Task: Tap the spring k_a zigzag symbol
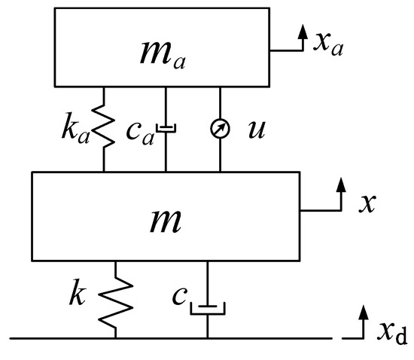tap(105, 128)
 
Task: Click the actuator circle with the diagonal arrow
tap(221, 129)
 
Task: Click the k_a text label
tap(79, 129)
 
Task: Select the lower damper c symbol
tap(207, 307)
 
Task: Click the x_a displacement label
tap(330, 44)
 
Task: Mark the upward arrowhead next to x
tap(342, 184)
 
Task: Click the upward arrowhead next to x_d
tap(364, 311)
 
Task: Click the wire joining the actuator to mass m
tap(221, 154)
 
